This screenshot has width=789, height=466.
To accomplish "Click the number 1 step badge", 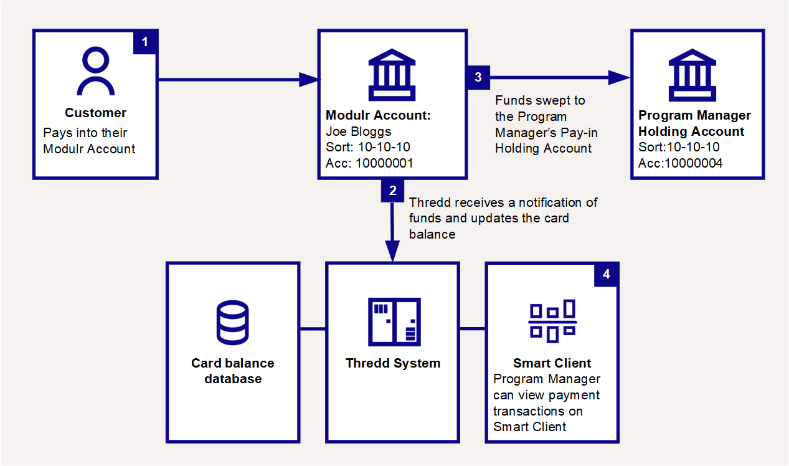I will click(146, 42).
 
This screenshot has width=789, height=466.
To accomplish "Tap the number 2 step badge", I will click(392, 191).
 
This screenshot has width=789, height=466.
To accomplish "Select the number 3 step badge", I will click(478, 77).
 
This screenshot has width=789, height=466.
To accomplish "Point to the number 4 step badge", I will click(607, 274).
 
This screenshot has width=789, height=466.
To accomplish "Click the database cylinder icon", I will click(233, 322).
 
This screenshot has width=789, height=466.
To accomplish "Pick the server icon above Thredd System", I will click(393, 321).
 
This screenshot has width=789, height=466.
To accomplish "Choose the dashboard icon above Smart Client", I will click(552, 321).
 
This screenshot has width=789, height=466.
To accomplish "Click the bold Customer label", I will click(96, 113).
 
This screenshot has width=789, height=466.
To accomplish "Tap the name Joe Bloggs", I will click(359, 131).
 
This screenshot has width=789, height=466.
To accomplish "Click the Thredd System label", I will click(393, 363).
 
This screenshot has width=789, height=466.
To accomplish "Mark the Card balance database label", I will click(233, 371).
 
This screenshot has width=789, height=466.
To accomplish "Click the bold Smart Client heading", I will click(552, 363).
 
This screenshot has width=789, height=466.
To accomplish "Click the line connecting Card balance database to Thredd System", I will click(313, 328).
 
